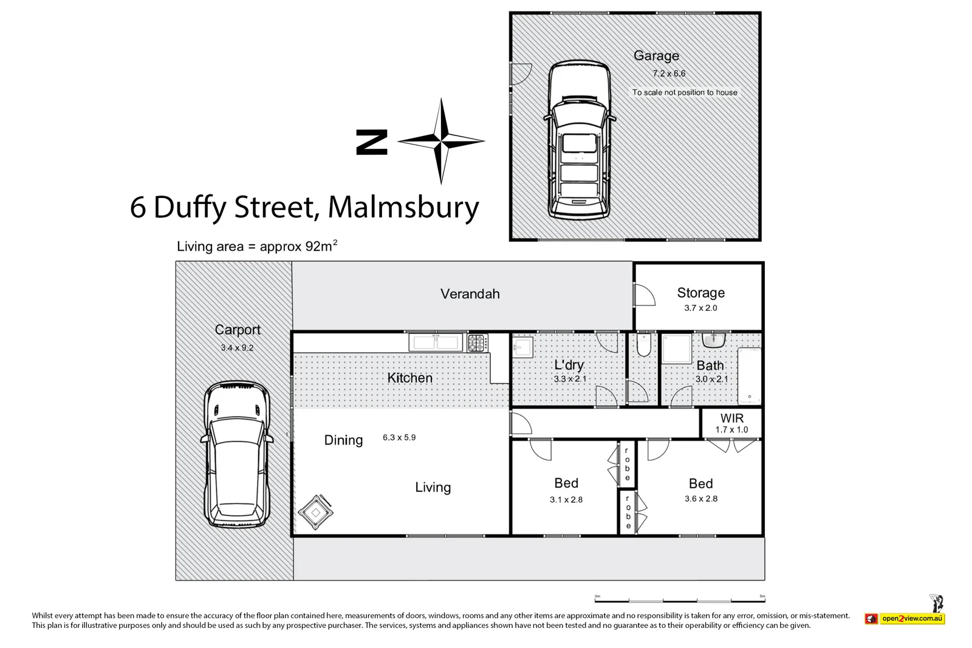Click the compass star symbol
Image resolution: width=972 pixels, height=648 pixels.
441,142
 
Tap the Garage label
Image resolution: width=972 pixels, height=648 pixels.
656,56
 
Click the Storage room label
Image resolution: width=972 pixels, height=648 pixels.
700,293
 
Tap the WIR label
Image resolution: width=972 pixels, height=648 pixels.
731,418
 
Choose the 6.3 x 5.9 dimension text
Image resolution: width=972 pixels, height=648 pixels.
399,437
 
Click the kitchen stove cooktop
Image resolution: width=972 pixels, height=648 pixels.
477,343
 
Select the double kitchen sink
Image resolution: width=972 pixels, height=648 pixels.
436,343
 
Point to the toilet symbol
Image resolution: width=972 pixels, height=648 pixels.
643,346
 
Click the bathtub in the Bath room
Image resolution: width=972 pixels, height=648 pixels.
749,376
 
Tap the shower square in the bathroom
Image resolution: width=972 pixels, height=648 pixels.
676,349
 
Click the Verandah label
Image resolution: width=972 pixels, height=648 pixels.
470,294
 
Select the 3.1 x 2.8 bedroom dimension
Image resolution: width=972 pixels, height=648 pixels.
566,500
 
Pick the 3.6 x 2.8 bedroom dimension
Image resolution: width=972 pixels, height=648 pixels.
701,499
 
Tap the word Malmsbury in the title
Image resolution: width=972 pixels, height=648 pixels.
403,207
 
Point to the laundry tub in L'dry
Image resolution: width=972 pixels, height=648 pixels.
522,349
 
